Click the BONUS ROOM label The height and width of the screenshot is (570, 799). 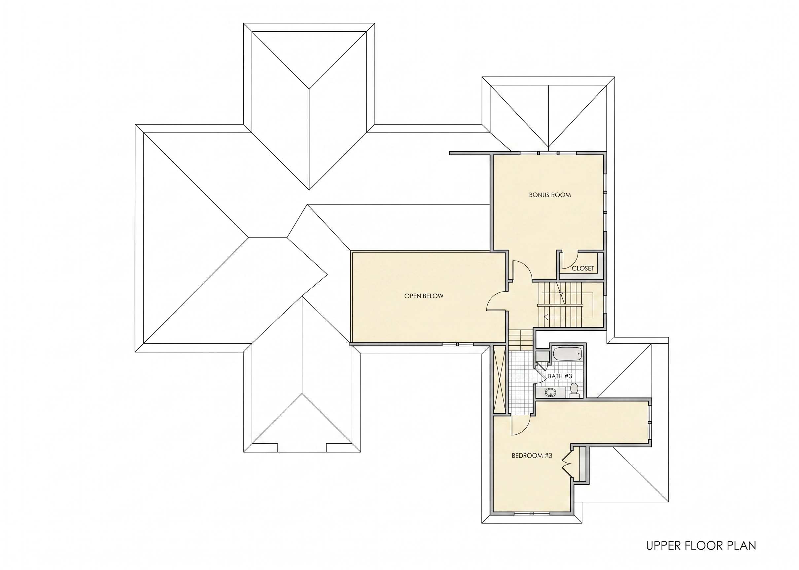[550, 195]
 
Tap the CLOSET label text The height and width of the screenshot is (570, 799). [583, 268]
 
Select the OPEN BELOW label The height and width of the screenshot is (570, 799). [424, 296]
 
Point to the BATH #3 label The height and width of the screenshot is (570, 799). [560, 376]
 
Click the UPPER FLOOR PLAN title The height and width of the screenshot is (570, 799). [701, 546]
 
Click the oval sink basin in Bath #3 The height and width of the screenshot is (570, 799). [550, 393]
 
